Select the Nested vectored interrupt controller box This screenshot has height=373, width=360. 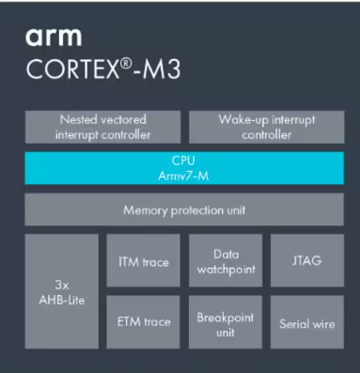click(103, 127)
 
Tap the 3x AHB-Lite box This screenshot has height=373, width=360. click(61, 290)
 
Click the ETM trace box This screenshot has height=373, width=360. click(144, 322)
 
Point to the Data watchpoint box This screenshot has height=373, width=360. click(225, 261)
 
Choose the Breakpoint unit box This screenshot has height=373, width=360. click(225, 322)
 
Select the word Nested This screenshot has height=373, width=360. click(80, 120)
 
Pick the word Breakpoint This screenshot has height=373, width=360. click(225, 317)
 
